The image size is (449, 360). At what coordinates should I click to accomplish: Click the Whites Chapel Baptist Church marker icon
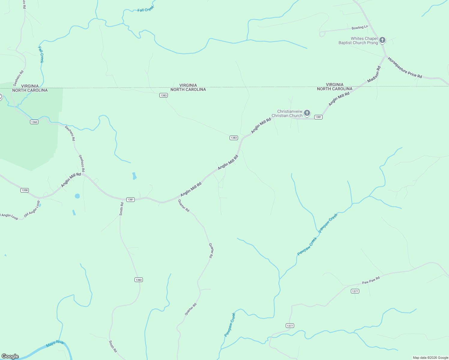(x=382, y=40)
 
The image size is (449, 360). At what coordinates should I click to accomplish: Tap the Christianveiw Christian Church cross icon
(x=307, y=113)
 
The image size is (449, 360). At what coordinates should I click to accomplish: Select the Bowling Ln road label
(x=360, y=28)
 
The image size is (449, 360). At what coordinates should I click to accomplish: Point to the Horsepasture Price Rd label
(x=405, y=68)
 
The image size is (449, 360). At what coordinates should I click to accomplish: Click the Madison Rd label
(x=374, y=75)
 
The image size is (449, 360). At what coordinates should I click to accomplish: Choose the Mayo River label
(x=55, y=344)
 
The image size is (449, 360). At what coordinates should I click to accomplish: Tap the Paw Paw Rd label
(x=371, y=280)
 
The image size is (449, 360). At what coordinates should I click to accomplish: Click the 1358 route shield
(x=25, y=190)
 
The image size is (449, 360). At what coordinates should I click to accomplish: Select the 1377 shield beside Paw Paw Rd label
(x=355, y=291)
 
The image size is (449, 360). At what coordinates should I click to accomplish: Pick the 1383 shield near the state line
(x=163, y=95)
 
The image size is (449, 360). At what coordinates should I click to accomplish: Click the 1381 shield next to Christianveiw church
(x=318, y=117)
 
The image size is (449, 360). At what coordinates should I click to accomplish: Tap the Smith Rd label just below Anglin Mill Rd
(x=121, y=209)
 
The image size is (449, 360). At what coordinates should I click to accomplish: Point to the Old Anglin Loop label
(x=32, y=209)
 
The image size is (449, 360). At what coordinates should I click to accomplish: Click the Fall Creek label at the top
(x=145, y=10)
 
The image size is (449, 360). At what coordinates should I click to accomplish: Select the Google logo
(x=10, y=356)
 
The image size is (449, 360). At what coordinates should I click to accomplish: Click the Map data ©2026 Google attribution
(x=430, y=358)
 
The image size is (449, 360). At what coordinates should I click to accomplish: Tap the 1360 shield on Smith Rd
(x=138, y=280)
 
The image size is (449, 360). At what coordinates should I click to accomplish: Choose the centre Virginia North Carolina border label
(x=188, y=87)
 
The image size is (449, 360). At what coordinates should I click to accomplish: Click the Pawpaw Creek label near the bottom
(x=230, y=325)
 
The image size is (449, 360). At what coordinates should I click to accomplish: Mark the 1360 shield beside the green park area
(x=34, y=122)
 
